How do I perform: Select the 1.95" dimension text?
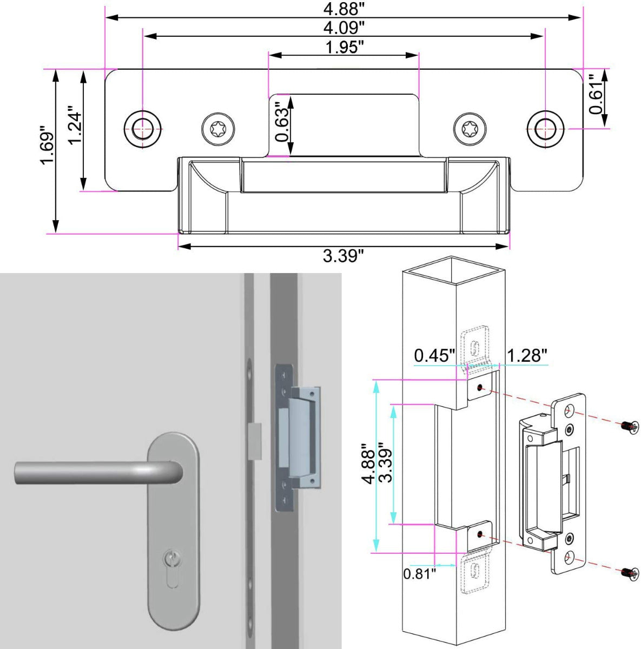coord(344,48)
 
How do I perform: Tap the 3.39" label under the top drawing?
coord(343,256)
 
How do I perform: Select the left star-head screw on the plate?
coord(219,129)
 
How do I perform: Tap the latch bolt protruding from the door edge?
coord(255,441)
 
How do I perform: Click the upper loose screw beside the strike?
coord(629,427)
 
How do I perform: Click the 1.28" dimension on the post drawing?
coord(527,356)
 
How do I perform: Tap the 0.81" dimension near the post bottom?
coord(419,573)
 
